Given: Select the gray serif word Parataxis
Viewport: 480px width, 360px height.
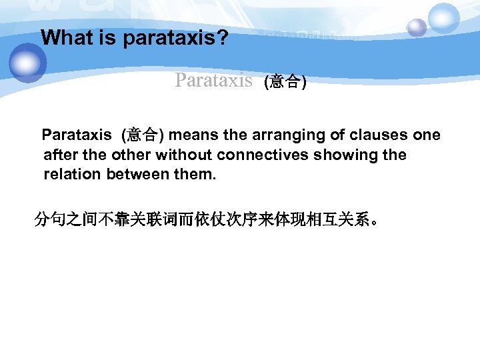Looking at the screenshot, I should [213, 81].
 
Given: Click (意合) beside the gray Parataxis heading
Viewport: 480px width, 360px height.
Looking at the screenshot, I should [285, 82].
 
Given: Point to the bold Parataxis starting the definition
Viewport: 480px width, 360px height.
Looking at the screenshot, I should [77, 135].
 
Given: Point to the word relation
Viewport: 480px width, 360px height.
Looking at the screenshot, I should [70, 175].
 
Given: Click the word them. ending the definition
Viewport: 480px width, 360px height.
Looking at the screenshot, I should [193, 175].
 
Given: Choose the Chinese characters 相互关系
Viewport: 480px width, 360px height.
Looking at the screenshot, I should [339, 219].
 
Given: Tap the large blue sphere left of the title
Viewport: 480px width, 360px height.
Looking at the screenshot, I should [27, 63].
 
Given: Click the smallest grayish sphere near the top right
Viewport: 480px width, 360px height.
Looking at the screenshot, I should [417, 27].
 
